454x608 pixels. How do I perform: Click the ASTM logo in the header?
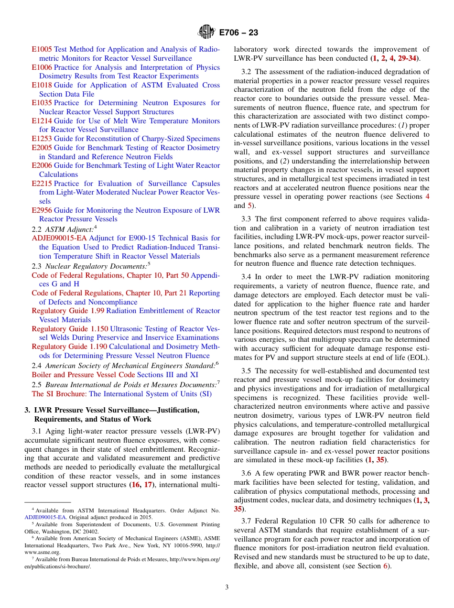coord(207,33)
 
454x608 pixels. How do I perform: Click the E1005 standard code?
coord(42,49)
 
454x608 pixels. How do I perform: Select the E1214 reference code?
coord(42,121)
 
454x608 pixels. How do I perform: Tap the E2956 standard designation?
coord(42,210)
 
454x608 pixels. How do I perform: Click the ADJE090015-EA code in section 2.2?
coord(59,238)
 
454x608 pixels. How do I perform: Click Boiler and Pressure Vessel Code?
coord(83,375)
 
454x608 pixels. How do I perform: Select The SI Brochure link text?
coord(59,394)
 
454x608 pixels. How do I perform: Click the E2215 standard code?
coord(42,184)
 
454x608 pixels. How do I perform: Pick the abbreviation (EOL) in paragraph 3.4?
coord(418,358)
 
